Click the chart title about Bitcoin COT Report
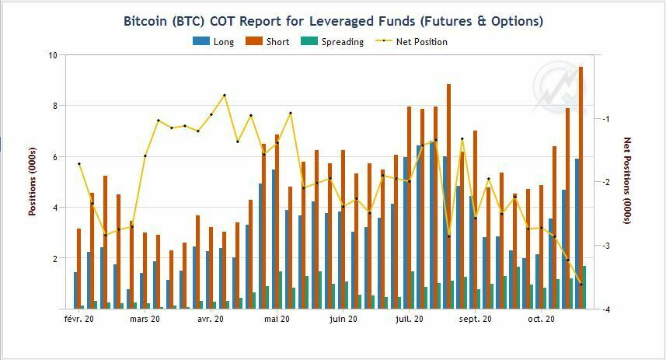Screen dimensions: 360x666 tap(333, 21)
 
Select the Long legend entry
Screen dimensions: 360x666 tap(214, 42)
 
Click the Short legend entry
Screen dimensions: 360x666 tap(267, 42)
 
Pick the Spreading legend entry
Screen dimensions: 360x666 tap(333, 42)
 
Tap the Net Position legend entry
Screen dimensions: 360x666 tap(411, 42)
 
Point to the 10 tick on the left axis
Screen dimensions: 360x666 tap(52, 55)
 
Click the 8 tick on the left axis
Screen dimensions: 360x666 tap(54, 106)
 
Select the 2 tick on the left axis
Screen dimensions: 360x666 tap(54, 258)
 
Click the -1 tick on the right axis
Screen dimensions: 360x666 tap(604, 119)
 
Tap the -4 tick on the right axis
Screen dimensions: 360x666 tap(604, 309)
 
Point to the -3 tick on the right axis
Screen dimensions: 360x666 tap(604, 246)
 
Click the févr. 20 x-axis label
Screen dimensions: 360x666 tap(78, 319)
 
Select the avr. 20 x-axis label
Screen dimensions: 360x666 tap(211, 319)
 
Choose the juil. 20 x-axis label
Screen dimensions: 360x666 tap(410, 319)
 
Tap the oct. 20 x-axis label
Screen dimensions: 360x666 tap(541, 319)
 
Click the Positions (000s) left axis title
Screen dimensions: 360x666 tap(33, 181)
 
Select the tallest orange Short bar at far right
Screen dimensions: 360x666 tap(581, 187)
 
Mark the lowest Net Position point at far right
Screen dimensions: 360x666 tap(581, 285)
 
